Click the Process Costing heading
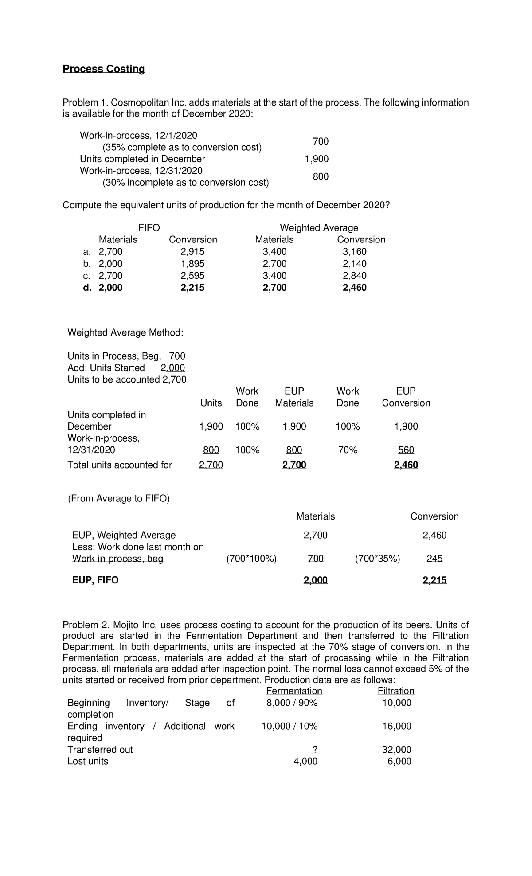click(103, 69)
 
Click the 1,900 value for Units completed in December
click(317, 159)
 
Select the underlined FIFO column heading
click(149, 228)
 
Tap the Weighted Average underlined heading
click(319, 228)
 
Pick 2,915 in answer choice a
click(192, 252)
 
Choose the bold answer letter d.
click(87, 288)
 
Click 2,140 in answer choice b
click(354, 264)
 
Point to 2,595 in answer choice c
click(192, 276)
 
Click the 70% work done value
click(348, 450)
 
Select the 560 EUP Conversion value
click(406, 450)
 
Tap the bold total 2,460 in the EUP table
click(406, 465)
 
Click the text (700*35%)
click(377, 559)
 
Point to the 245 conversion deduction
click(434, 559)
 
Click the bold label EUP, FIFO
click(95, 580)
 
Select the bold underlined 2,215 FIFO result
click(434, 580)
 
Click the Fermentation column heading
click(294, 691)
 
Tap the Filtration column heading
click(395, 691)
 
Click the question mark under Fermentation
click(315, 750)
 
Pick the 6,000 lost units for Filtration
click(399, 761)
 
